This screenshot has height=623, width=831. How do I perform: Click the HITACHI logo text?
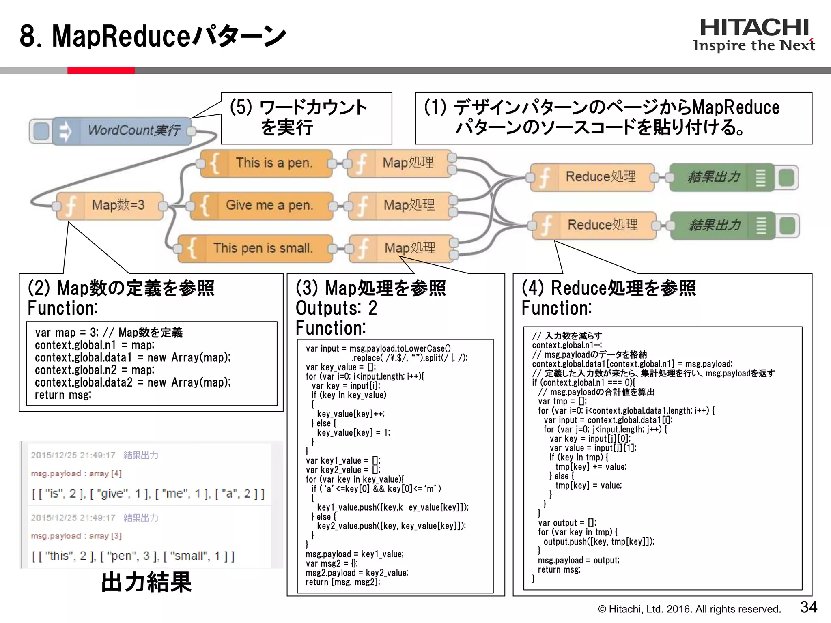click(x=754, y=28)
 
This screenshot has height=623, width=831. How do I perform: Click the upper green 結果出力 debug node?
click(x=714, y=177)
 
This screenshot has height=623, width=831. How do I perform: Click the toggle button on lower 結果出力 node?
click(x=787, y=226)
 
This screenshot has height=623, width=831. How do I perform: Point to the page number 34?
click(x=808, y=607)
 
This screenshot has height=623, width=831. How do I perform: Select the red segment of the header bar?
click(x=101, y=71)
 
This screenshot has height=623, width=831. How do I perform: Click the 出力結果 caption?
click(x=146, y=582)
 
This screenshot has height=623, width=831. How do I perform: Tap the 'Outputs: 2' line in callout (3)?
click(x=336, y=308)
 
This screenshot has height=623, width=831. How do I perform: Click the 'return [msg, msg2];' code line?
click(x=343, y=582)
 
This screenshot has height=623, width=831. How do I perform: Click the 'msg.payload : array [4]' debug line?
click(x=76, y=473)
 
